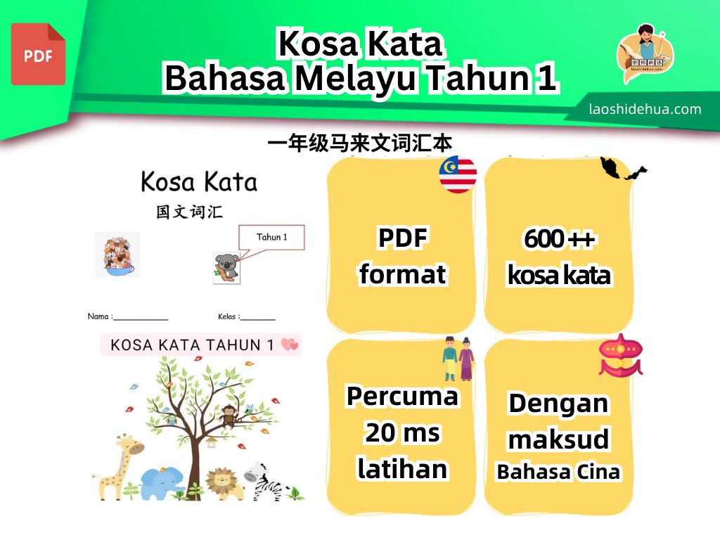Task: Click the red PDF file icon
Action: click(x=38, y=54)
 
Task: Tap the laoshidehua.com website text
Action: click(x=645, y=109)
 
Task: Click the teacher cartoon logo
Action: click(x=645, y=53)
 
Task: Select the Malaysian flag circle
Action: click(x=458, y=174)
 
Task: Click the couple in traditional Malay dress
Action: click(x=458, y=359)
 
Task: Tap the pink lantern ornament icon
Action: click(x=620, y=355)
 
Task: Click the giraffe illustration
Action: click(x=117, y=467)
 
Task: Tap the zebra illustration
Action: click(x=264, y=482)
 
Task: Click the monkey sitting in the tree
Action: click(x=228, y=416)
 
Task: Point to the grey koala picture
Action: click(x=226, y=267)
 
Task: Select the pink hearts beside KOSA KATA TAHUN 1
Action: click(x=290, y=345)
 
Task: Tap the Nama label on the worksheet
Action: click(x=98, y=316)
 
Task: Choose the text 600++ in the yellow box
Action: click(x=559, y=239)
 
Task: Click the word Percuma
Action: click(x=402, y=397)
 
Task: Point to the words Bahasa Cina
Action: click(x=558, y=472)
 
